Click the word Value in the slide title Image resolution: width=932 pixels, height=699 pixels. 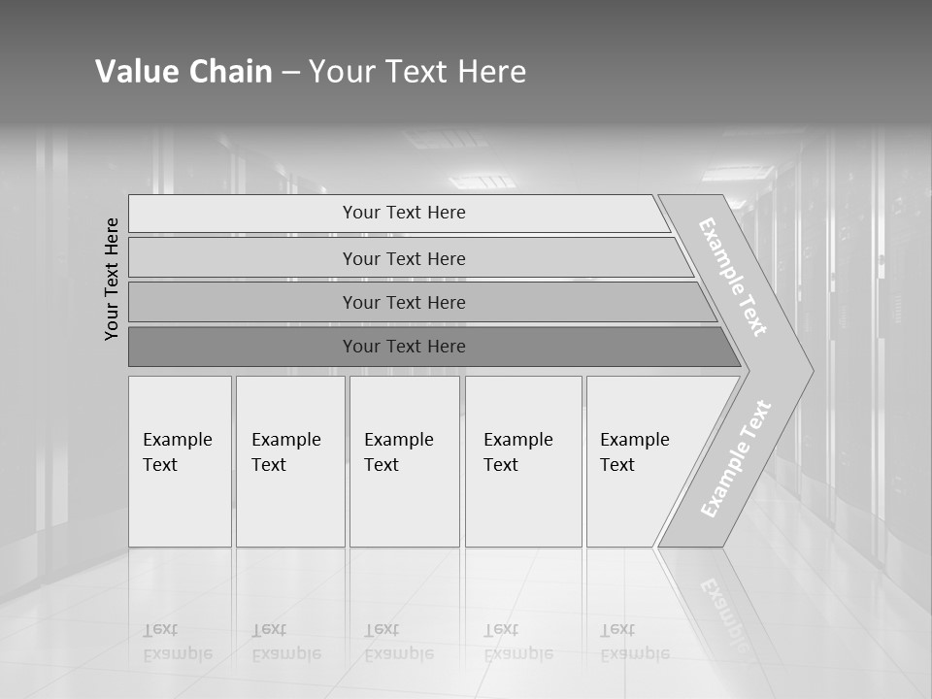135,72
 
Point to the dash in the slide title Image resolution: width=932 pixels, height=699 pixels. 290,73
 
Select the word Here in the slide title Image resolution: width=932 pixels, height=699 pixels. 491,72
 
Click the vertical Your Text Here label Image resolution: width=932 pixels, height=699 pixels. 112,279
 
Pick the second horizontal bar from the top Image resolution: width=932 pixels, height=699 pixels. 404,258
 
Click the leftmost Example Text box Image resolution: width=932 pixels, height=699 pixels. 180,460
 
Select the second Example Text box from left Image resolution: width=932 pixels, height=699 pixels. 289,460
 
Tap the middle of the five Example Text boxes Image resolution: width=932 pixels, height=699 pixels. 404,460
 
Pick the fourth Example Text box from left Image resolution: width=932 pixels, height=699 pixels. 523,460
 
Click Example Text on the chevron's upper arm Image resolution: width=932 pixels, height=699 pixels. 733,276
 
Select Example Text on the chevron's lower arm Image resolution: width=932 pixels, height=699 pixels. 735,458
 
